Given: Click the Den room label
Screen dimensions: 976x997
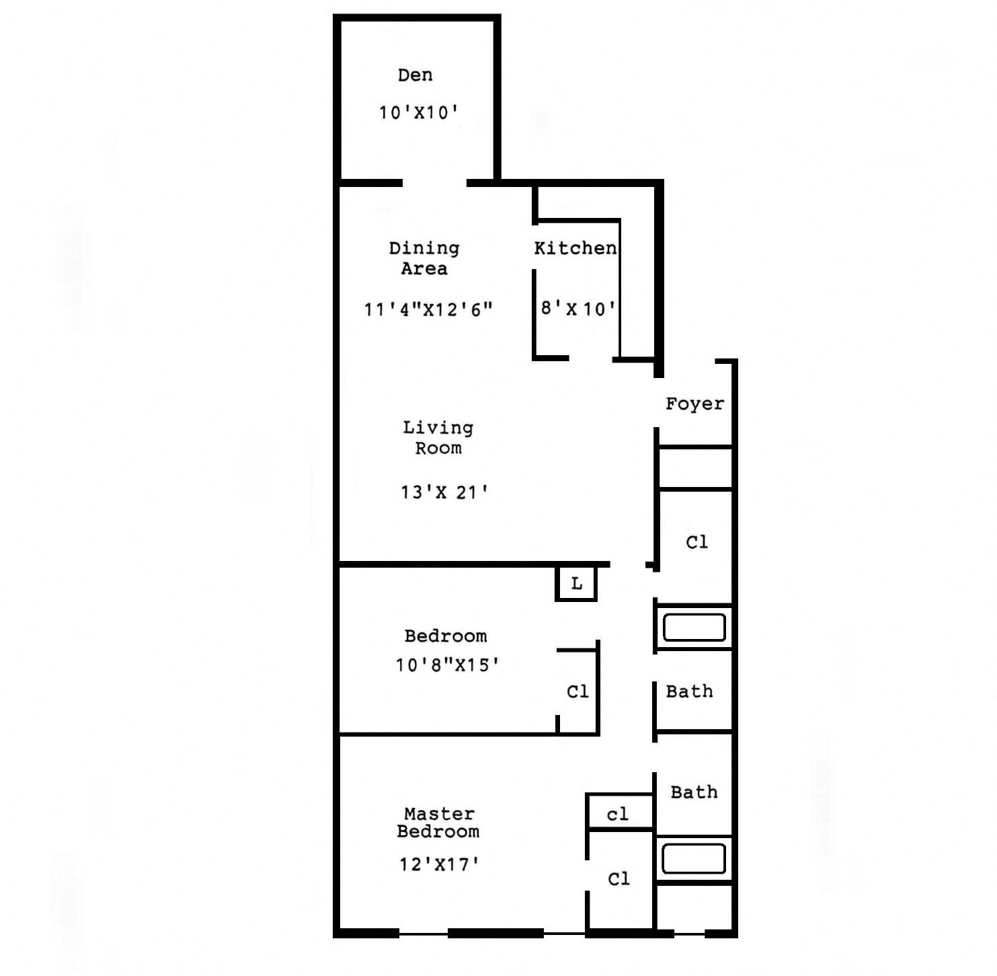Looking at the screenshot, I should coord(415,75).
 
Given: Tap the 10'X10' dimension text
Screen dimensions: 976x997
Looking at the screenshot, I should coord(418,112).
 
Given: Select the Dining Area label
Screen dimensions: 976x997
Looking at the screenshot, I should coord(424,258).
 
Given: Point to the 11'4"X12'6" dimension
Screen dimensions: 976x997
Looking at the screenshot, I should coord(428,309).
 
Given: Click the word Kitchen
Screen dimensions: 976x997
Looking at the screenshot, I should coord(575,248).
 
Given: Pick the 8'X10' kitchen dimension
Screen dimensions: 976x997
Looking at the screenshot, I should coord(578,309).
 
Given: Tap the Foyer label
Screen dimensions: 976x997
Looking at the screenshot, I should coord(694,404).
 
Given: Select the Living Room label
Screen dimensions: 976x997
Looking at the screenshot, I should coord(438,438).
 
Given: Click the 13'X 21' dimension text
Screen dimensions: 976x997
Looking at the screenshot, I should coord(444,492).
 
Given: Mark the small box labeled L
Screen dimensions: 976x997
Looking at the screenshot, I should coord(576,584).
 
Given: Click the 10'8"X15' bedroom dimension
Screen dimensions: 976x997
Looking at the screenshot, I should coord(447,665).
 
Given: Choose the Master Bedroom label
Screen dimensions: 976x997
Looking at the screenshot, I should coord(438,823).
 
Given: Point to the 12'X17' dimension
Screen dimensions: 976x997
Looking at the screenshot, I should coord(439,864).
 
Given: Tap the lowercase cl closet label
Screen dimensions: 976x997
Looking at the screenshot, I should coord(618,815).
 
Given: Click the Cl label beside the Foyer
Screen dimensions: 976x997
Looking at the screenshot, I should coord(696,542).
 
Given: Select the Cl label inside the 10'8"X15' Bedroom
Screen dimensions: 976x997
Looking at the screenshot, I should coord(577,691).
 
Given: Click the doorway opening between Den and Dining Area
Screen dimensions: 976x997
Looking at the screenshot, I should coord(434,183).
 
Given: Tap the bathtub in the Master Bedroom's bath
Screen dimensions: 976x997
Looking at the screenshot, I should coord(694,859).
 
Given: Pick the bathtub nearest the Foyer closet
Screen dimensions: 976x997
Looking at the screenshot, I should coord(694,628).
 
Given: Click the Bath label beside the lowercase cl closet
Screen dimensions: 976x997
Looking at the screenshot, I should coord(694,792).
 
